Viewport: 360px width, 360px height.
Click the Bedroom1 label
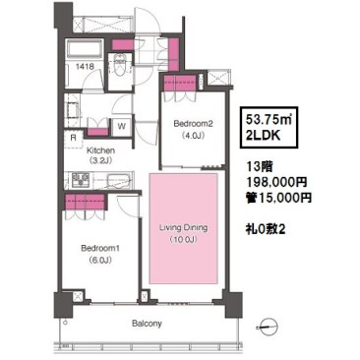[x=100, y=249]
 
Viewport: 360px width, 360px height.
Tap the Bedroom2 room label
[x=194, y=124]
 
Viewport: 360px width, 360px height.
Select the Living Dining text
[x=183, y=227]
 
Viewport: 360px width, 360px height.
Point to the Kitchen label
[x=100, y=150]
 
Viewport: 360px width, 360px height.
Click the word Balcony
[x=147, y=324]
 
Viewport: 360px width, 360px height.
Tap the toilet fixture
[x=120, y=62]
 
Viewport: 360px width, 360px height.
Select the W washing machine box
[x=122, y=126]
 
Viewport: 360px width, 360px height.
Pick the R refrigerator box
[x=73, y=138]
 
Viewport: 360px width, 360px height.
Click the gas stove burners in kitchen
[x=81, y=179]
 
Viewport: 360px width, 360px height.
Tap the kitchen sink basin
[x=119, y=180]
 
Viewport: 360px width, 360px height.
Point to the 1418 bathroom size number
[x=85, y=66]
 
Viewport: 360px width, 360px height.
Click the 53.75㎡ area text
[x=269, y=120]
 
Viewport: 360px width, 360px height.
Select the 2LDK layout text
[x=263, y=135]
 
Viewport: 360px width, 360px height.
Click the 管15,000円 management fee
[x=278, y=198]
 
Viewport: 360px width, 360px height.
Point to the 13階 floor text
[x=260, y=166]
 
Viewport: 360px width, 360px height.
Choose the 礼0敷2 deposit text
[x=266, y=229]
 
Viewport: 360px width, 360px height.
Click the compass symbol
[x=269, y=327]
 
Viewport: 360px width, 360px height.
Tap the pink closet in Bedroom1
[x=86, y=202]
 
